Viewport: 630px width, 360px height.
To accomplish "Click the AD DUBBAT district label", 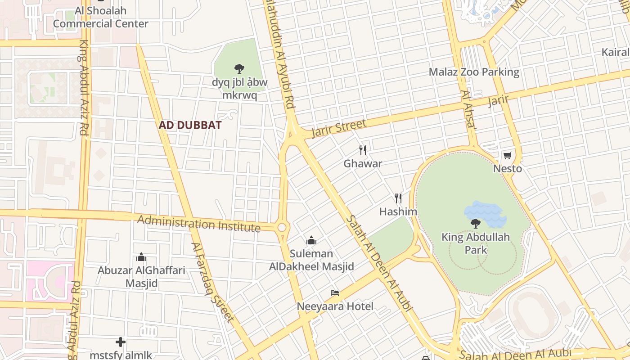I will pos(190,125).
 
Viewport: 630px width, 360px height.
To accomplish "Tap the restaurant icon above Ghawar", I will pos(363,150).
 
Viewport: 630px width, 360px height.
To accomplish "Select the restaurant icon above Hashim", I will pos(398,198).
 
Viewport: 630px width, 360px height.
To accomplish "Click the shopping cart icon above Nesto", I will pos(508,156).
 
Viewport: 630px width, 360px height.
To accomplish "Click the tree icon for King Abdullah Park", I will pos(475,224).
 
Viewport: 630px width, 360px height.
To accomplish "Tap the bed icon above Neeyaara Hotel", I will pos(335,293).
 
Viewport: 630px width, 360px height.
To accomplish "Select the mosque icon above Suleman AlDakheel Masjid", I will pos(311,240).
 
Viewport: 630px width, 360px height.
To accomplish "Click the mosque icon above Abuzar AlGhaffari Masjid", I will pos(141,257).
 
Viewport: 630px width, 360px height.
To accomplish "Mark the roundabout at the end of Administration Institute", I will pos(282,228).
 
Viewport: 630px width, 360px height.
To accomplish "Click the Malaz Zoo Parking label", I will pos(474,72).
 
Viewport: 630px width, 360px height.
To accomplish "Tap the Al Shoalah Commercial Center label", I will pos(101,17).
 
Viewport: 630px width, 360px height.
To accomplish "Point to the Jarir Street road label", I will pos(338,128).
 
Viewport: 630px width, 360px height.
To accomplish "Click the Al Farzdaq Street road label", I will pos(212,283).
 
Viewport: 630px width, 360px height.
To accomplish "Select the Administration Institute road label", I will pos(199,224).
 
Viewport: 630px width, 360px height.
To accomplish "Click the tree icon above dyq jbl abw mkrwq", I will pos(239,69).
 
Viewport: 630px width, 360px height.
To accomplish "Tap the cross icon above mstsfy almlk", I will pos(120,342).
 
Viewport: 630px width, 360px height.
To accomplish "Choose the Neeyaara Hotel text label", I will pos(335,306).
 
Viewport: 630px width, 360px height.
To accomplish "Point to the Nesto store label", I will pos(508,169).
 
